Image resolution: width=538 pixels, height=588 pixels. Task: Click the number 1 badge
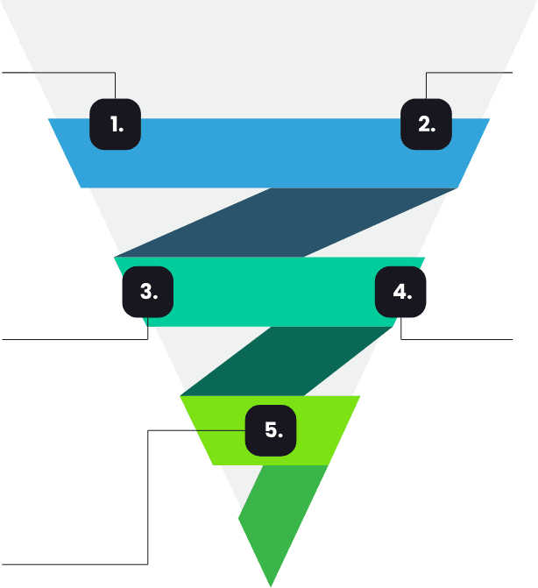point(116,124)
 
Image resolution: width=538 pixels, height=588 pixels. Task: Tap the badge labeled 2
point(426,124)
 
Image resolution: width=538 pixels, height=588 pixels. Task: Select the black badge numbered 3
point(147,292)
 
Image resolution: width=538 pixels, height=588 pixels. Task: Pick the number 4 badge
point(401,292)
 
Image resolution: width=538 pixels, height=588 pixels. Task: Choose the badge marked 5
point(271,430)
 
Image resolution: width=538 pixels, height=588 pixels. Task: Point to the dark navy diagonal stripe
point(289,223)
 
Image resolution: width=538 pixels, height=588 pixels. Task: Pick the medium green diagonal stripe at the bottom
point(276,517)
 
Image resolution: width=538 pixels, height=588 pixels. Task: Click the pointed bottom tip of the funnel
point(270,583)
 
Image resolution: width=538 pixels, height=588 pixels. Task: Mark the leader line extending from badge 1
point(53,73)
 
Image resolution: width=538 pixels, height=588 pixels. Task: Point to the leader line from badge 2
point(473,73)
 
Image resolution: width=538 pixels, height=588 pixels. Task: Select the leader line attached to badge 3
point(70,338)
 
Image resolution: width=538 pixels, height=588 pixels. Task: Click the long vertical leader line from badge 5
point(148,499)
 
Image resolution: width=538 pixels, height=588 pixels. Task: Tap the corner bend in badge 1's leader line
point(116,73)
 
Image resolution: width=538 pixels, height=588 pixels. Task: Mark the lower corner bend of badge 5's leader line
point(148,563)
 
